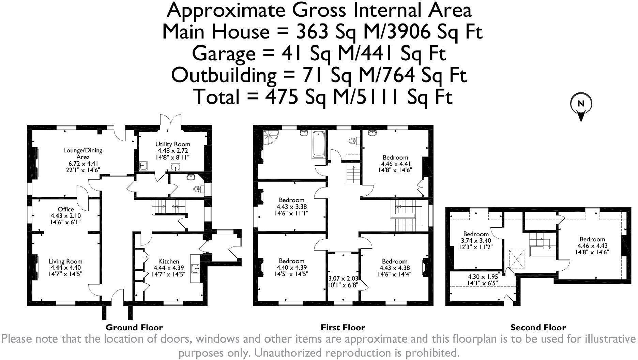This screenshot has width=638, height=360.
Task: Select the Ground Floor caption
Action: (134, 328)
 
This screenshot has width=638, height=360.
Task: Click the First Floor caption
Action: (343, 328)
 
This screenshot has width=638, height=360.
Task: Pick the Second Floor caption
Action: (538, 328)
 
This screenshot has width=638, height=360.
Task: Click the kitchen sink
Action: (196, 269)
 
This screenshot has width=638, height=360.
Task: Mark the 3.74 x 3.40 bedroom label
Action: (476, 240)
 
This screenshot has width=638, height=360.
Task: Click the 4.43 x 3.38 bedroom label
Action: (291, 206)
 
